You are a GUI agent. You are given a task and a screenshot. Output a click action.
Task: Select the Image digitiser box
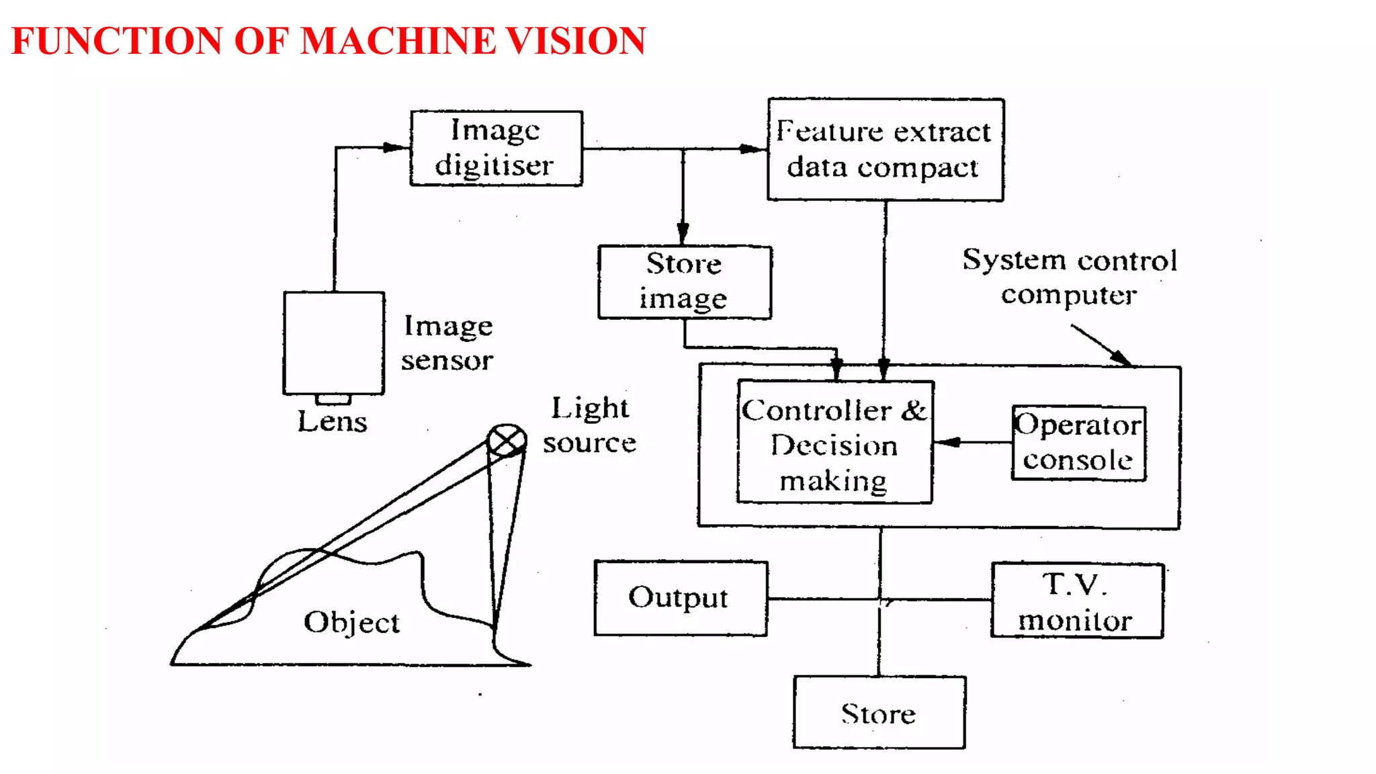496,148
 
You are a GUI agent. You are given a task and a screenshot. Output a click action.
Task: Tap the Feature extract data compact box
885,149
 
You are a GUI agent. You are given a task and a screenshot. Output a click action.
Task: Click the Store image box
684,282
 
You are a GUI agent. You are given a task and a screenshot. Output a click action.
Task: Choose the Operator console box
1078,443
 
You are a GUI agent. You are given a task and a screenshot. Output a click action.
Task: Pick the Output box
680,598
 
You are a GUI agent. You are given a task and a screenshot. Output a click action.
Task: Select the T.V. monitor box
1076,601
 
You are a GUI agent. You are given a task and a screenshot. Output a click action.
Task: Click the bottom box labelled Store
879,712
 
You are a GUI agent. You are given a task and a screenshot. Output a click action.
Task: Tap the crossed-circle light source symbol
506,440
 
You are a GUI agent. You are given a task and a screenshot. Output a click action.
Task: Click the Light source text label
590,425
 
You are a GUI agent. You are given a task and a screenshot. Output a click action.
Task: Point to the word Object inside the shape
351,622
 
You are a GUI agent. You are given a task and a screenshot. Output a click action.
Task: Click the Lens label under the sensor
333,422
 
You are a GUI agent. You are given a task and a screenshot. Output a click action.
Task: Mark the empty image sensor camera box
334,343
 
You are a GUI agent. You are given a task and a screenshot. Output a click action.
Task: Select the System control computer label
1069,277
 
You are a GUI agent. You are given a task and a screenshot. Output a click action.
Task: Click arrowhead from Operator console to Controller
947,442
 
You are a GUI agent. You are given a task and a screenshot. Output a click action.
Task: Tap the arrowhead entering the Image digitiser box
395,147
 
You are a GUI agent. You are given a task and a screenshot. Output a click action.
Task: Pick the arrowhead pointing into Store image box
683,233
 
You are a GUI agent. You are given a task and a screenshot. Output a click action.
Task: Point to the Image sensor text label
447,343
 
